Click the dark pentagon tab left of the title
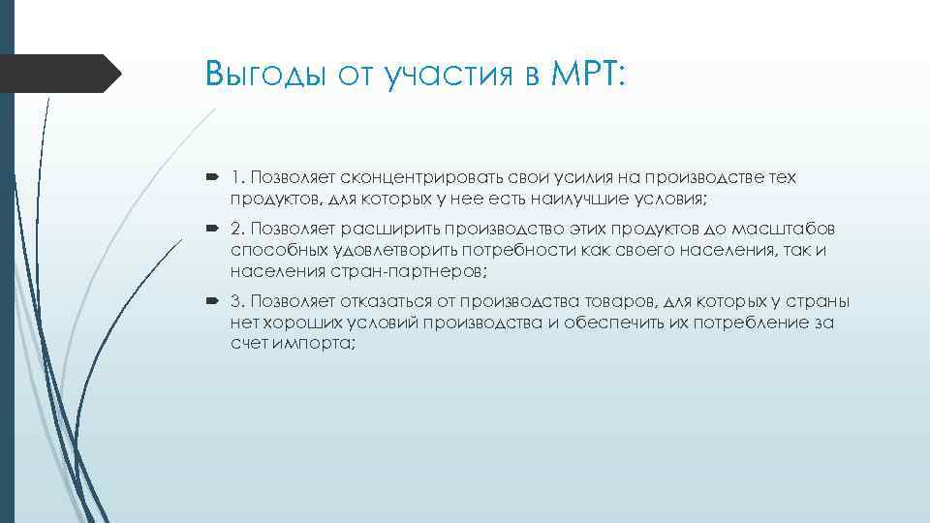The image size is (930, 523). point(58,74)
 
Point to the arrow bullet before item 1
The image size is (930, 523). point(215,178)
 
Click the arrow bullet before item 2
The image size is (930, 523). point(215,228)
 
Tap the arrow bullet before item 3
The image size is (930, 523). point(215,301)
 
